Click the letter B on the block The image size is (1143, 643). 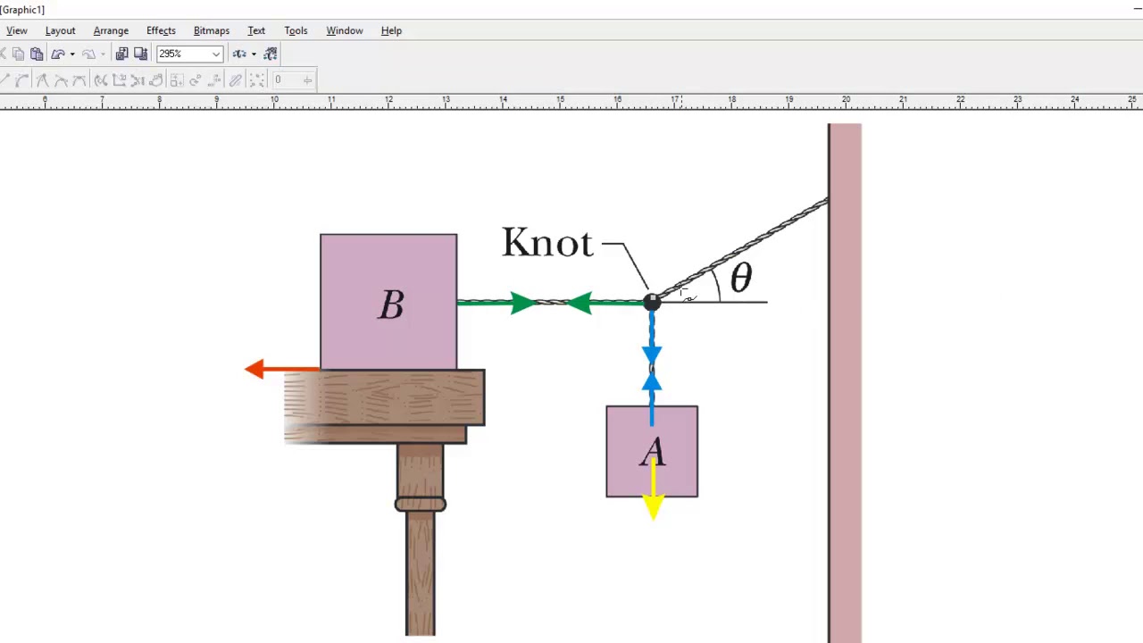(391, 305)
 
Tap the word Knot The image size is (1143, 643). (547, 243)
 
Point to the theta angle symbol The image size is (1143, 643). (740, 279)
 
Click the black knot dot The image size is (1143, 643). (652, 303)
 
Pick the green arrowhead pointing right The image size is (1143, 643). (522, 303)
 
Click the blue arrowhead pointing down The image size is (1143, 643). (652, 355)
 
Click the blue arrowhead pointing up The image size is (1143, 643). (652, 381)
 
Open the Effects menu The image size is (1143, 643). (161, 30)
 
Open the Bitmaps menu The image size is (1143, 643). (212, 30)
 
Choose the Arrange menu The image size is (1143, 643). (111, 30)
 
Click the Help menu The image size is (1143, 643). (391, 30)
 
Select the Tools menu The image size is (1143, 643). (296, 30)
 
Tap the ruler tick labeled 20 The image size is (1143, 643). (846, 99)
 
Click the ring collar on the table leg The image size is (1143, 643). (421, 505)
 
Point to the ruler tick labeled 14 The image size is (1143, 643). (503, 99)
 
